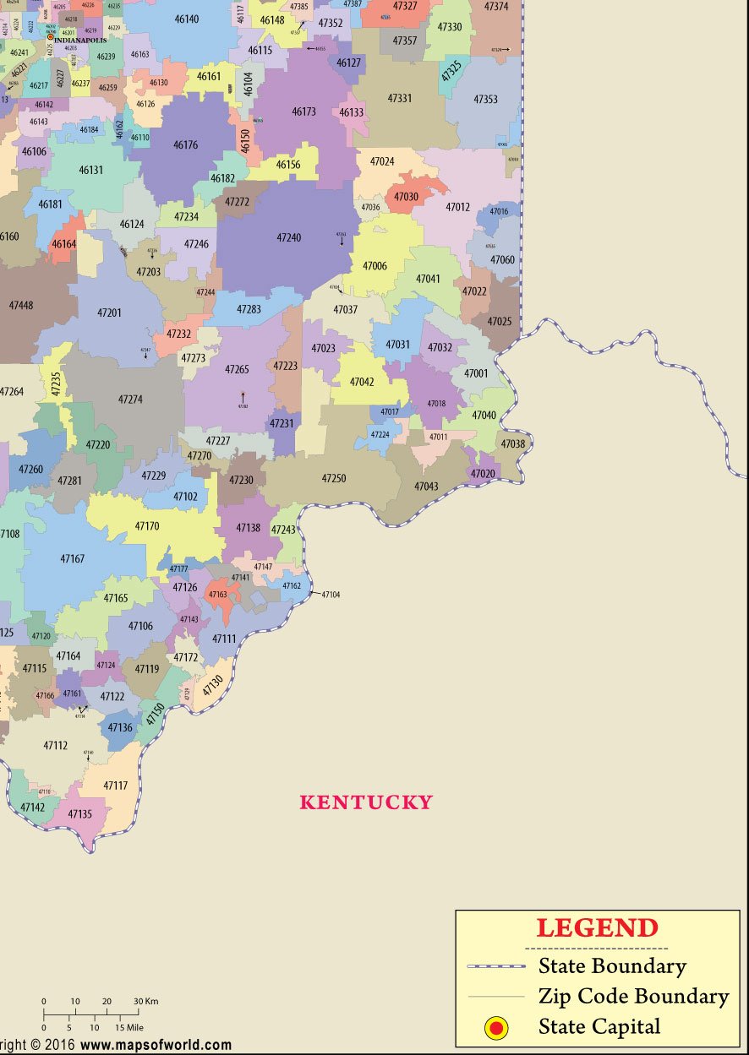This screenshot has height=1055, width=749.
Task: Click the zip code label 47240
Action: point(288,238)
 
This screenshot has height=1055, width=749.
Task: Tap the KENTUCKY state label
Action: point(366,802)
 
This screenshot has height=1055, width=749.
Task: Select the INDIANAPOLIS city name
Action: point(80,40)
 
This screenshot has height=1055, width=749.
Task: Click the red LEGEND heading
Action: point(597,928)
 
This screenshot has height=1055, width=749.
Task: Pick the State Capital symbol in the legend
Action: point(496,1027)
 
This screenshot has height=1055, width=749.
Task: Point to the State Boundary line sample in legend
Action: point(496,965)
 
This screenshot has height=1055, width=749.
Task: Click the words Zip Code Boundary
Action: point(633,997)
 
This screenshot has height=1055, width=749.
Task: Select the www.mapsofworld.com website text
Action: point(156,1046)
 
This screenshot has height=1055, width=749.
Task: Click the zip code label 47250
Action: point(334,479)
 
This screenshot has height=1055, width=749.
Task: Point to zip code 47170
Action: point(147,526)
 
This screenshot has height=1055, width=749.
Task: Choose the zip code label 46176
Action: point(185,145)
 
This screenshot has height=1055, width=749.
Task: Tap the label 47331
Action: point(400,99)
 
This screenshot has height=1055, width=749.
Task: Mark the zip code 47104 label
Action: point(331,595)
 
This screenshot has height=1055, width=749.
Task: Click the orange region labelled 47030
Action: point(407,197)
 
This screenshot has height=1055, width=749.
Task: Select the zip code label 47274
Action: point(130,400)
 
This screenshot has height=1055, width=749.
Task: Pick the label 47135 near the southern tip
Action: point(79,814)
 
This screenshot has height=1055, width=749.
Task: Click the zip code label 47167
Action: point(72,559)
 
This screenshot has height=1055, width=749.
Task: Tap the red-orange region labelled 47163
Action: point(218,595)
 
